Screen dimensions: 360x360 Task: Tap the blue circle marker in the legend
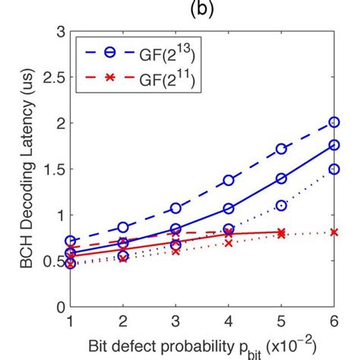[x=112, y=52]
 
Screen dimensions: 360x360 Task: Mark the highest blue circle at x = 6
[x=334, y=122]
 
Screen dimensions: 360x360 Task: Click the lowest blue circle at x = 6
[x=334, y=169]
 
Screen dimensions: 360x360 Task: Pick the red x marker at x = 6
[x=334, y=232]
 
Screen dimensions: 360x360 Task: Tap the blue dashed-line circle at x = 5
[x=281, y=149]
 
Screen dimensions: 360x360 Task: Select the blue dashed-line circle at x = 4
[x=229, y=181]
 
